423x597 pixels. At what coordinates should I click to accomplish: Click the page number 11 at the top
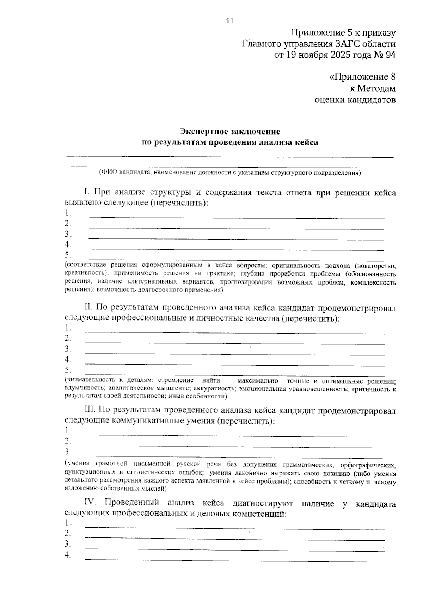(x=229, y=20)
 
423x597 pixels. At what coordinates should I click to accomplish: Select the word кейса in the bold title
(x=305, y=143)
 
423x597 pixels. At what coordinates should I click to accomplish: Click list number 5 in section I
(x=68, y=255)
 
